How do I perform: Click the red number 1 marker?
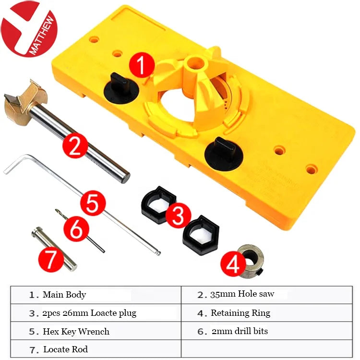(142, 65)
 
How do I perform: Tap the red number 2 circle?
(75, 145)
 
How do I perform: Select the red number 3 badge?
(178, 216)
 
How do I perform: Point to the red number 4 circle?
(233, 264)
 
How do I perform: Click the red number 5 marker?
(93, 203)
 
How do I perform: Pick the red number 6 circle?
(76, 229)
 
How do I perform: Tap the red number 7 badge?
(51, 259)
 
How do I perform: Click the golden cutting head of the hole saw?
(24, 103)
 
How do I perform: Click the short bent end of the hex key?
(16, 163)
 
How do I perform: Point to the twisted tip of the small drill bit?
(61, 214)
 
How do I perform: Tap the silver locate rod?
(54, 249)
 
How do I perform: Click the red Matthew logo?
(29, 29)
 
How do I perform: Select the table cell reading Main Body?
(96, 295)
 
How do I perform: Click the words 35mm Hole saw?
(242, 294)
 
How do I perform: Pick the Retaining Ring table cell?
(267, 312)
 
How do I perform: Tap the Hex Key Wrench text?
(76, 331)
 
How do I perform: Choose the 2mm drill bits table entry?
(267, 331)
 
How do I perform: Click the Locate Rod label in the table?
(65, 349)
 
